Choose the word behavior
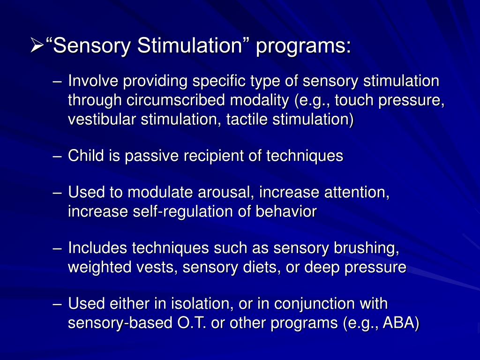point(286,211)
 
